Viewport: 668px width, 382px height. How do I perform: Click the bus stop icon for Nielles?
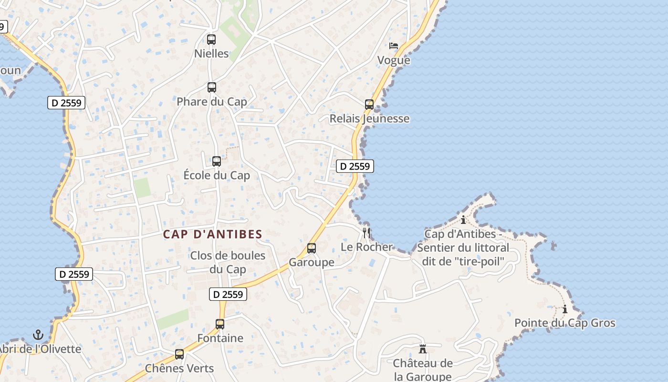coord(211,40)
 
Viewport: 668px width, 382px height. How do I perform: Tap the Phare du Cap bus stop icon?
coord(212,87)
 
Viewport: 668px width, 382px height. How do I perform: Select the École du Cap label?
coord(217,175)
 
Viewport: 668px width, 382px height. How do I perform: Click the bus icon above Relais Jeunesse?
coord(369,105)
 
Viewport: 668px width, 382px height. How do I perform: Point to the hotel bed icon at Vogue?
coord(394,46)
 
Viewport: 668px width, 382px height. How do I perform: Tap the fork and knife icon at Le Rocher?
coord(366,233)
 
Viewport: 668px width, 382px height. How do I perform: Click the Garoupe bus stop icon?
coord(312,248)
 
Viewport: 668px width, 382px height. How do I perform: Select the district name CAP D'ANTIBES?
coord(213,234)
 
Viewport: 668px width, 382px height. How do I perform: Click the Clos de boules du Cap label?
coord(228,262)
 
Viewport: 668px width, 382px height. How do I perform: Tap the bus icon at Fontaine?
coord(220,324)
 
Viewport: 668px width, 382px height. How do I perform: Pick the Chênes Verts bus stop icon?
coord(179,354)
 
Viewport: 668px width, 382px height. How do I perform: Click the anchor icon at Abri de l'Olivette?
coord(38,335)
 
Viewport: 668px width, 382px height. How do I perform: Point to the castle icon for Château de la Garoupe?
coord(423,349)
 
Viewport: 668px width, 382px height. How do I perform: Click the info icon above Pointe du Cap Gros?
coord(565,309)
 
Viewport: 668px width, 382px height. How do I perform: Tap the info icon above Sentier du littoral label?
coord(463,220)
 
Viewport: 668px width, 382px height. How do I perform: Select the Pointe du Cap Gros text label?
coord(565,323)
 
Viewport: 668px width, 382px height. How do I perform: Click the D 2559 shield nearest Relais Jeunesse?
coord(355,166)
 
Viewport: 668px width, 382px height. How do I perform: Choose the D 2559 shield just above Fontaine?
coord(228,294)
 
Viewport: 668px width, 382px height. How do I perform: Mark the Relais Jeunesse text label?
coord(370,118)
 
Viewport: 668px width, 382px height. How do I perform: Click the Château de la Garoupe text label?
coord(423,370)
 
